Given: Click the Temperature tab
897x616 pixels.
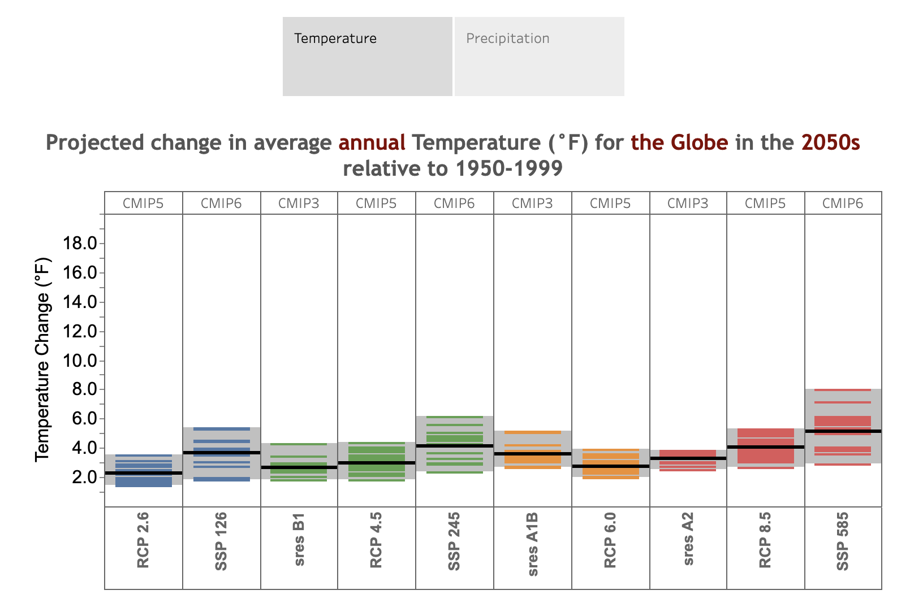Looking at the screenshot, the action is click(x=367, y=57).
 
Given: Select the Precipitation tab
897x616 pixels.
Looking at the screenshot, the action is click(x=540, y=57).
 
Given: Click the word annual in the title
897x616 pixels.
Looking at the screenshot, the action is click(x=372, y=142).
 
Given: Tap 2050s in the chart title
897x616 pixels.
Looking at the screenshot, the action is click(x=830, y=142).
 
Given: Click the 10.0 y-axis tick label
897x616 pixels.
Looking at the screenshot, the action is click(x=80, y=361).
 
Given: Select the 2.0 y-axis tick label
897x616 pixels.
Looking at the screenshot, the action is click(x=84, y=477).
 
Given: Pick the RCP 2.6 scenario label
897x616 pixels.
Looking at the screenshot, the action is click(x=143, y=540).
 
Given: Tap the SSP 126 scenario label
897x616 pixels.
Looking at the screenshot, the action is click(x=221, y=541).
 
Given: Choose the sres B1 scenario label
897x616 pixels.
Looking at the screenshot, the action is click(x=299, y=540).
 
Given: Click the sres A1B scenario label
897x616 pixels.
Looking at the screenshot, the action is click(x=533, y=544).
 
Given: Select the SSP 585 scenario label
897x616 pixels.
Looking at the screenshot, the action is click(x=843, y=541).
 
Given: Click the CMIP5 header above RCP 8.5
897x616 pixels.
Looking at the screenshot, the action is click(x=765, y=203).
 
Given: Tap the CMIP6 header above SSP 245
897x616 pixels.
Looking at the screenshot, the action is click(x=454, y=203).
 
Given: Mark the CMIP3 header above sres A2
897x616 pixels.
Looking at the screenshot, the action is click(x=688, y=203).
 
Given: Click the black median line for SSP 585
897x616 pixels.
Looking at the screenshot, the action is click(x=843, y=431).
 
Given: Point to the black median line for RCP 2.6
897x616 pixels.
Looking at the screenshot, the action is click(x=143, y=473).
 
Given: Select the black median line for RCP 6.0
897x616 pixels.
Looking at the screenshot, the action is click(x=611, y=466).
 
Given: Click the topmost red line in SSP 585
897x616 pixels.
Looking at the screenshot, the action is click(x=843, y=390).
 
